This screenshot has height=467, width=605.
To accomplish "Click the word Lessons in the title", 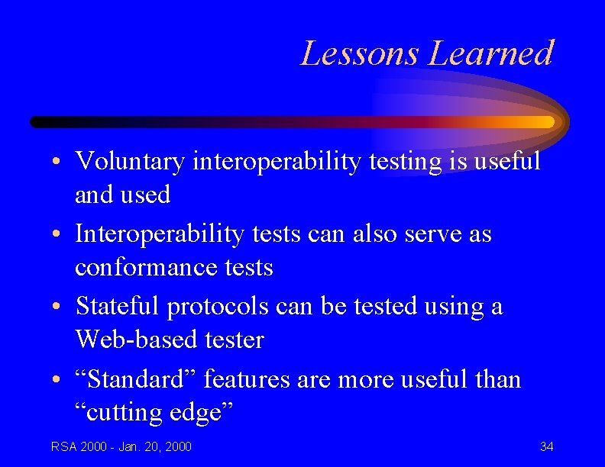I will click(360, 53).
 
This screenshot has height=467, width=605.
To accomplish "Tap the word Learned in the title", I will click(490, 53).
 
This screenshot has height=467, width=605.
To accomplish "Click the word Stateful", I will click(118, 307).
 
